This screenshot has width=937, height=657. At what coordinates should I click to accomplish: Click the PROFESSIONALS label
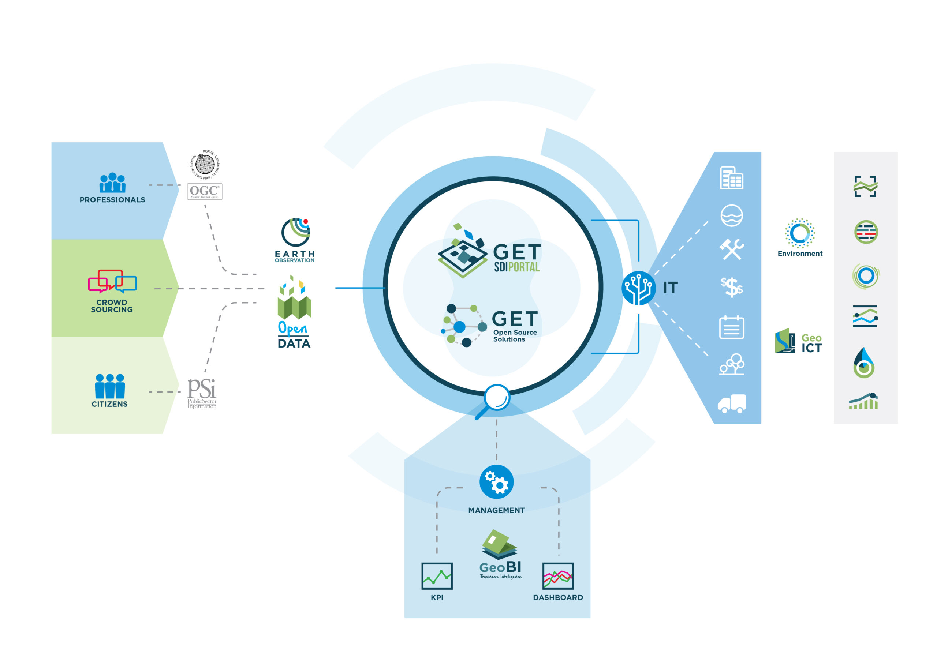(112, 200)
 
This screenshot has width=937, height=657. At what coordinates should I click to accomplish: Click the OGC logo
(205, 191)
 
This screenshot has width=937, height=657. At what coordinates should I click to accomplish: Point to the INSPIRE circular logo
(205, 164)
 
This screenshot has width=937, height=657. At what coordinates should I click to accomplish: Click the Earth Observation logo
(295, 240)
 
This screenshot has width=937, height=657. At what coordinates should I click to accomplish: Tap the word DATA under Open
(294, 343)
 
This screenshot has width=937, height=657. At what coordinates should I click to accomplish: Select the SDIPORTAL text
(517, 267)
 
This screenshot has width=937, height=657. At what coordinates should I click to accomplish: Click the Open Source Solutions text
(515, 336)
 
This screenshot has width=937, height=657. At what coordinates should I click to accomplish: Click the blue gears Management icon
(496, 482)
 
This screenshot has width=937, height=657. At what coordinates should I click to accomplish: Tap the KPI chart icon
(437, 576)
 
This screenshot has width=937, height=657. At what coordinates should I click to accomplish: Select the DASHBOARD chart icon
(557, 576)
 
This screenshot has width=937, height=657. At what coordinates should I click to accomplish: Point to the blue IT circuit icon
(638, 288)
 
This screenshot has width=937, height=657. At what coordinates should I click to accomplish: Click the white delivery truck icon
(732, 403)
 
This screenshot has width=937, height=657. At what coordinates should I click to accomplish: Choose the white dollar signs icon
(732, 287)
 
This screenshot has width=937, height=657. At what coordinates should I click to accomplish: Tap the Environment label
(800, 253)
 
